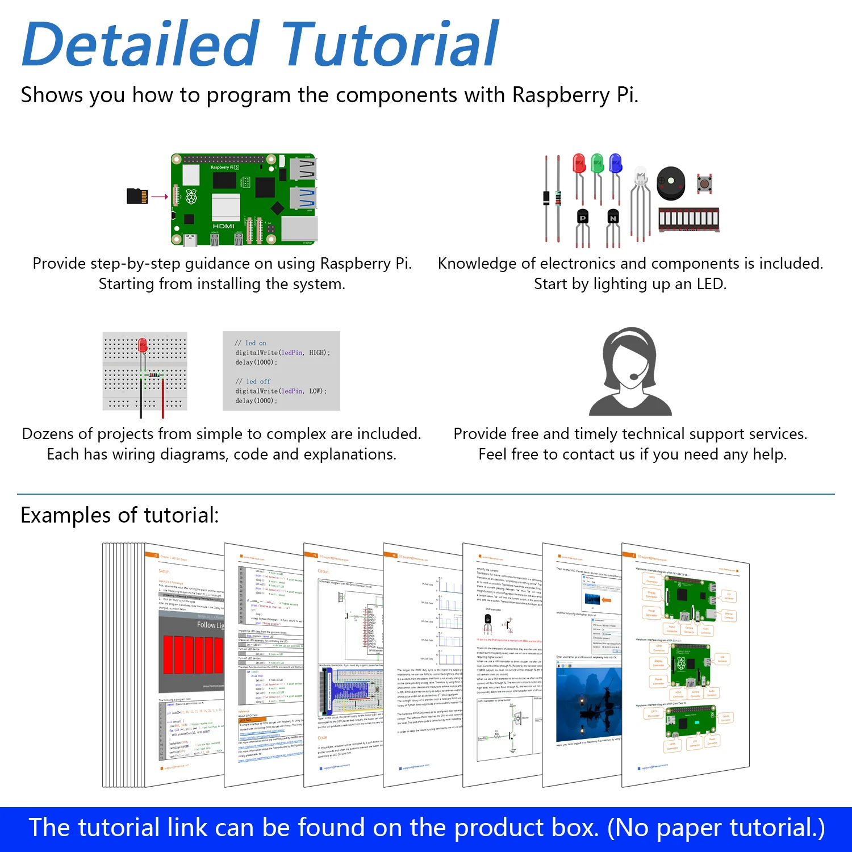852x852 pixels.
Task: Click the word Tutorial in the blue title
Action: pos(390,44)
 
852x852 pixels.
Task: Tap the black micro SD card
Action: pos(137,196)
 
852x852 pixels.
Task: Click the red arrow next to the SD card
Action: pos(160,197)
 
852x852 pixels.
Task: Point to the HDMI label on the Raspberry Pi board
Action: pos(223,226)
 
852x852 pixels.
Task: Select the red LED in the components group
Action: pos(579,164)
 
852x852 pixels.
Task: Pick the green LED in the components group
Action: pos(597,164)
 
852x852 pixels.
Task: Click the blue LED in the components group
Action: pos(615,164)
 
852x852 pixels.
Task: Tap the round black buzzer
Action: pos(671,183)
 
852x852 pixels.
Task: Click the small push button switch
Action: pos(704,183)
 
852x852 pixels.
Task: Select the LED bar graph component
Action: pos(688,219)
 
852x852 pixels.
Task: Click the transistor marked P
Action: pos(583,218)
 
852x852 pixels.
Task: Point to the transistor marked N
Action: pos(613,218)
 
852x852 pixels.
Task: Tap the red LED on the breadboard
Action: pos(143,345)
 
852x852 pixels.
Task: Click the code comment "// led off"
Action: pos(253,382)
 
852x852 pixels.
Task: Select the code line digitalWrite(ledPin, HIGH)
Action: pos(282,353)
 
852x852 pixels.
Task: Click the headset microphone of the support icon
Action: pos(634,376)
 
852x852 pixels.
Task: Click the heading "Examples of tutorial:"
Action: pos(120,515)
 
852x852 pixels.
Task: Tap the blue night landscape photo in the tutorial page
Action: pos(588,704)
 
